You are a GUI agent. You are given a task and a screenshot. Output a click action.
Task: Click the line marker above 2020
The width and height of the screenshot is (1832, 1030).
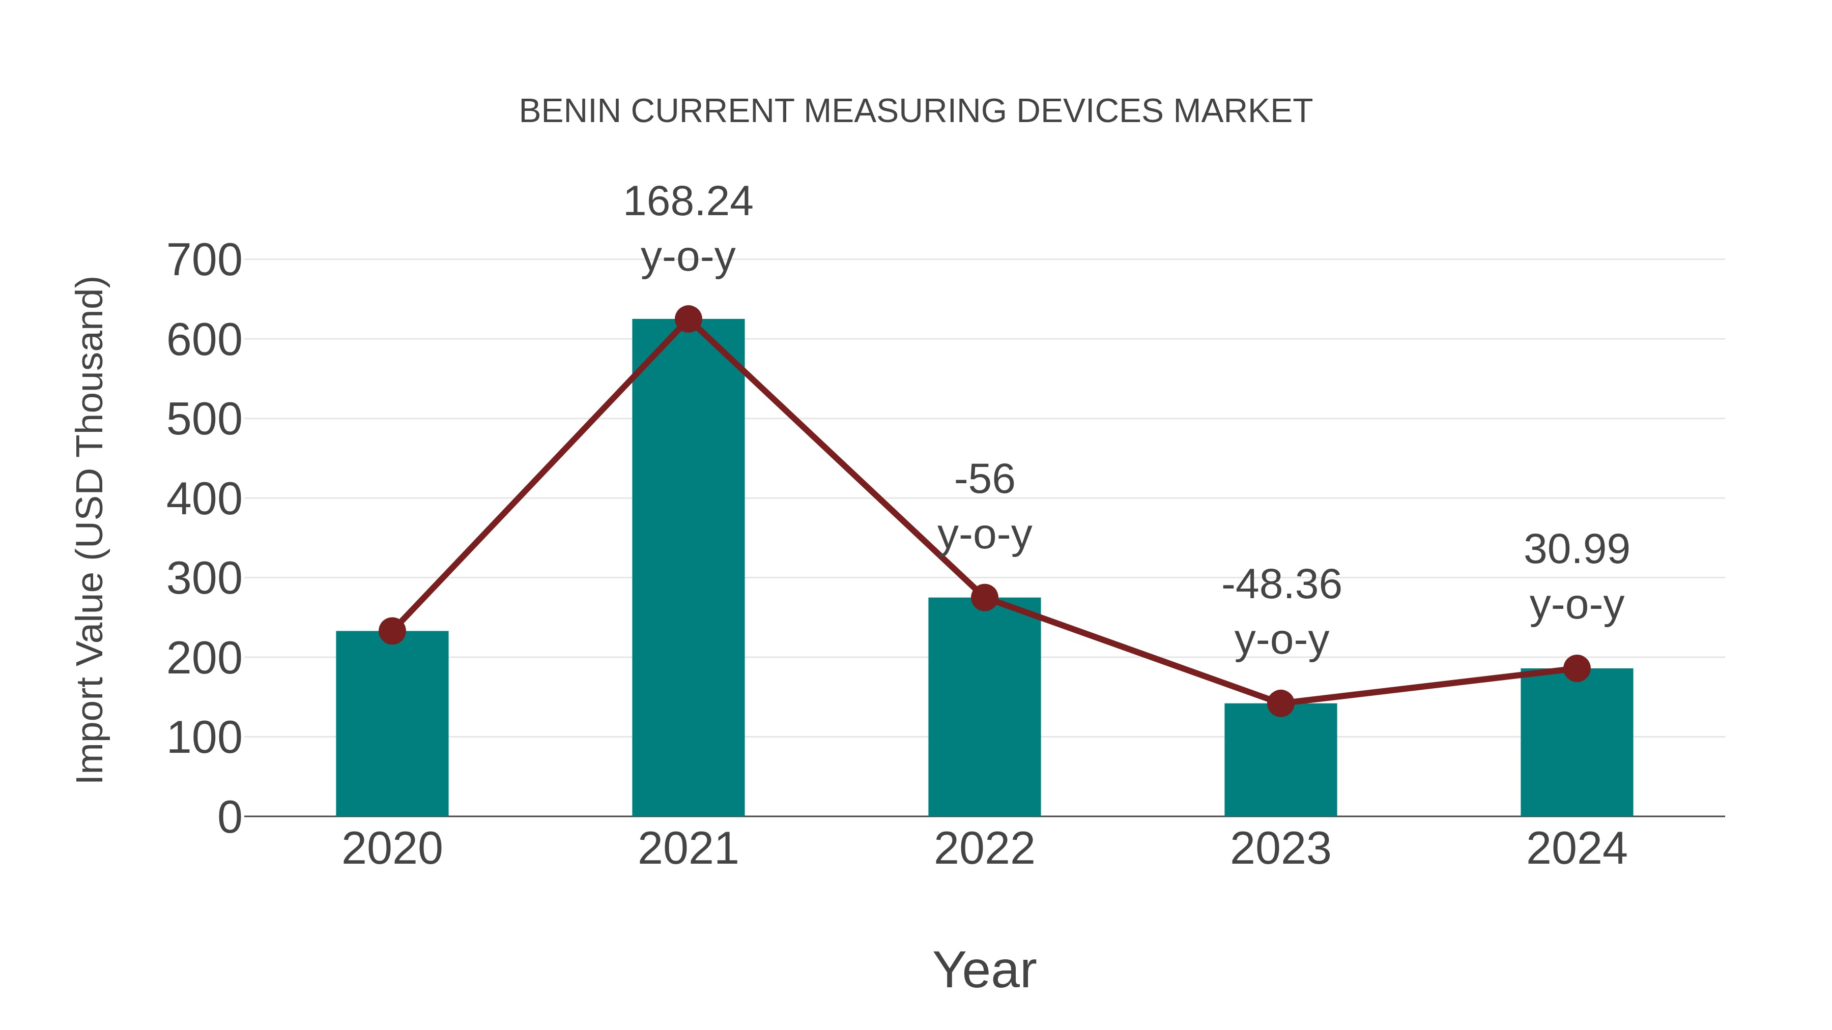pyautogui.click(x=392, y=631)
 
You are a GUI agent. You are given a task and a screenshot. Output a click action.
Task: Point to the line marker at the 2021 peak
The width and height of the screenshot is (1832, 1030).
pyautogui.click(x=688, y=319)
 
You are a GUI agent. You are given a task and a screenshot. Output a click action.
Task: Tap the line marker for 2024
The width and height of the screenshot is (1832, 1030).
pyautogui.click(x=1577, y=668)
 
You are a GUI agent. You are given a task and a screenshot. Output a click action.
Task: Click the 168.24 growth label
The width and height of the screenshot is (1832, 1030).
pyautogui.click(x=688, y=202)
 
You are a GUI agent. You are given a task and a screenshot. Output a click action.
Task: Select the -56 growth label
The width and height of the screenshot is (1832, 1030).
pyautogui.click(x=984, y=479)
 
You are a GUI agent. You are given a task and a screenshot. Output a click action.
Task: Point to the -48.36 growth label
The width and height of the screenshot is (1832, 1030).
pyautogui.click(x=1281, y=585)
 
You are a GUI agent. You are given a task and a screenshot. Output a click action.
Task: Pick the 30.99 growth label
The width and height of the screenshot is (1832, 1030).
pyautogui.click(x=1577, y=549)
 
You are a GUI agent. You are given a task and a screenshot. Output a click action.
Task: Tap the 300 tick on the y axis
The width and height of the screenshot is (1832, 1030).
pyautogui.click(x=204, y=579)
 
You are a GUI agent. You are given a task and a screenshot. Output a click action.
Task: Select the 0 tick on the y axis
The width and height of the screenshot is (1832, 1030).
pyautogui.click(x=229, y=817)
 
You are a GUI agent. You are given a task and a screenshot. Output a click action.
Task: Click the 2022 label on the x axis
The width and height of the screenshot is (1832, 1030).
pyautogui.click(x=984, y=849)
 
